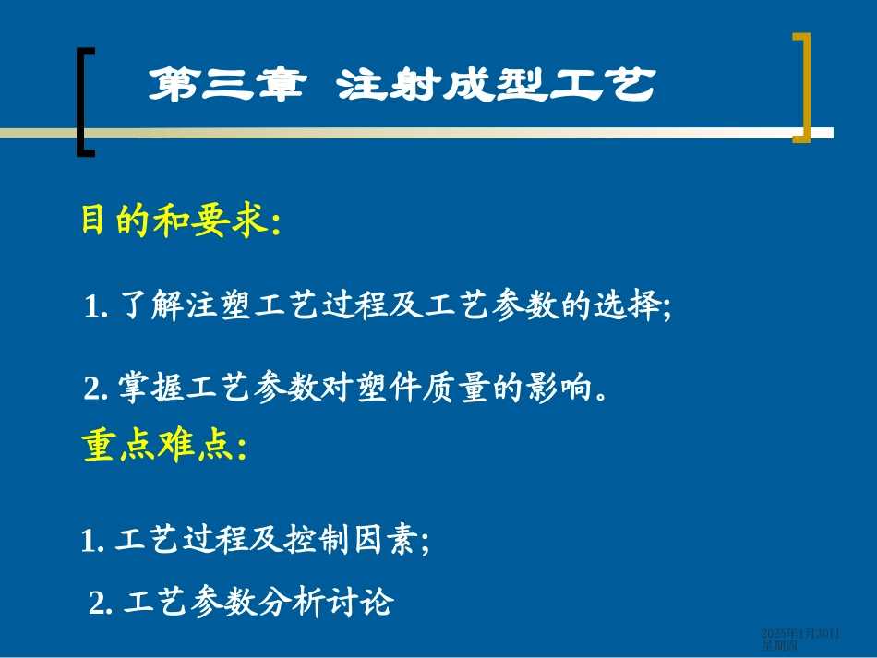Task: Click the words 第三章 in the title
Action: click(x=227, y=87)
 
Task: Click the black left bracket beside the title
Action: click(x=84, y=102)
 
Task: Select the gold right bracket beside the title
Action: click(x=801, y=88)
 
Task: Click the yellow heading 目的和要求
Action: click(x=179, y=221)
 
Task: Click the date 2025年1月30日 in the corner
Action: click(x=800, y=633)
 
